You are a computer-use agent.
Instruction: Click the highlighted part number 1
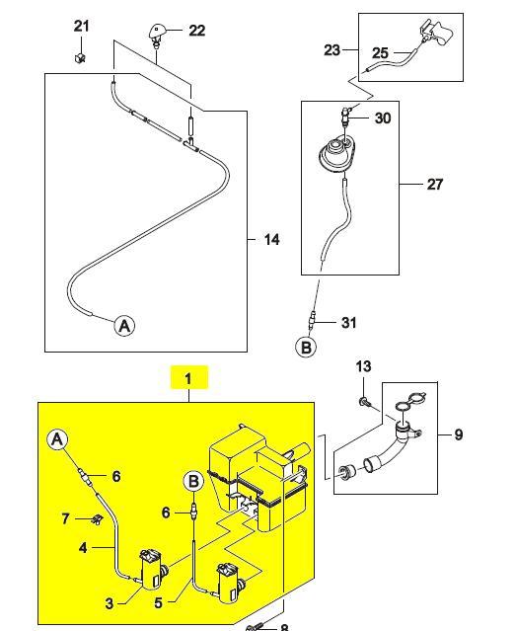click(188, 378)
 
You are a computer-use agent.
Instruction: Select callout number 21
click(81, 26)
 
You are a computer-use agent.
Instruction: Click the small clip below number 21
click(80, 58)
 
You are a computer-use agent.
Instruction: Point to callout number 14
click(271, 239)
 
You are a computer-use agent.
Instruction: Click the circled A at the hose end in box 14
click(124, 325)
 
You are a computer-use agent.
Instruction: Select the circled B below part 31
click(306, 347)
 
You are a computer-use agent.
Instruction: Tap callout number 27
click(434, 185)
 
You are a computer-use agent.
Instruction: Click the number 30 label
click(383, 118)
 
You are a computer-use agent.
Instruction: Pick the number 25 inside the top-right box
click(381, 53)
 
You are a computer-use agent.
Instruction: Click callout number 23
click(332, 50)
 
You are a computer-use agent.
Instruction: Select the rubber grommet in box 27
click(337, 155)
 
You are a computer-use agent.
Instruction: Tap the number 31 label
click(348, 322)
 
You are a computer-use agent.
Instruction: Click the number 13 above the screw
click(364, 366)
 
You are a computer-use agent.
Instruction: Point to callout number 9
click(458, 434)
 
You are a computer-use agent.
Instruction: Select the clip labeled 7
click(96, 519)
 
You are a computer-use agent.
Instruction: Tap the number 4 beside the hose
click(83, 548)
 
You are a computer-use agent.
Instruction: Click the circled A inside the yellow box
click(58, 439)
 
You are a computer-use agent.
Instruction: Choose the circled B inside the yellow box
click(193, 482)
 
